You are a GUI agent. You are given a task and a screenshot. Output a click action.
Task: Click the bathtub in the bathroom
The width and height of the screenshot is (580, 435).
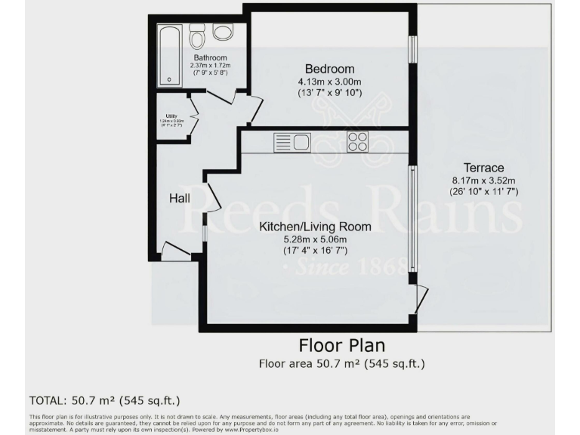[x=169, y=55]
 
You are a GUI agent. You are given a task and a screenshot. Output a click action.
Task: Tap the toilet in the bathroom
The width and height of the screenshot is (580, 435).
[x=198, y=36]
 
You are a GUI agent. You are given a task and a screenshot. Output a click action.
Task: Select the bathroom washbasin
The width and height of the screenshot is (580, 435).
[x=222, y=32]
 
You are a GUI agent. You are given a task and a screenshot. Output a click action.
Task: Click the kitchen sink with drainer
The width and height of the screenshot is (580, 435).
[x=292, y=141]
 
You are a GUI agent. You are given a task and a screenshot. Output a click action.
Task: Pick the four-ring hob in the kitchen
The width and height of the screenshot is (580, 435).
[x=357, y=141]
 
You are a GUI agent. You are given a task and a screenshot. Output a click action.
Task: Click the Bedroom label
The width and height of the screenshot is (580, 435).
[x=330, y=68]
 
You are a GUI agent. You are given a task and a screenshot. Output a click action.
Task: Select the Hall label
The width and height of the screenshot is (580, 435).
[x=179, y=199]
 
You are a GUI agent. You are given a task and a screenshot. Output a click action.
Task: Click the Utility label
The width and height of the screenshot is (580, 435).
[x=171, y=116]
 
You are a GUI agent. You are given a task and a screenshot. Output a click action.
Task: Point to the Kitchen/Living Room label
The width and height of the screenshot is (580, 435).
[x=315, y=227]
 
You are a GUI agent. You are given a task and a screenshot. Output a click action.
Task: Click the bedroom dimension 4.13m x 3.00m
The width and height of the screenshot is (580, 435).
[x=330, y=81]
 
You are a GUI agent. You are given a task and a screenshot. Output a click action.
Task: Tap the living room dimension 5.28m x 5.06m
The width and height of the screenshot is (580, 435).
[x=315, y=239]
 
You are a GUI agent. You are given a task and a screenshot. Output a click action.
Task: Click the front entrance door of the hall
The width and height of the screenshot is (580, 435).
[x=176, y=252]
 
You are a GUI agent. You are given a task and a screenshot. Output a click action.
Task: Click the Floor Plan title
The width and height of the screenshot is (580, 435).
[x=341, y=346]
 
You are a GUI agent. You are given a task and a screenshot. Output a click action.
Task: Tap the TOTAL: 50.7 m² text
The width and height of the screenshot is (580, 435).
[x=104, y=400]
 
